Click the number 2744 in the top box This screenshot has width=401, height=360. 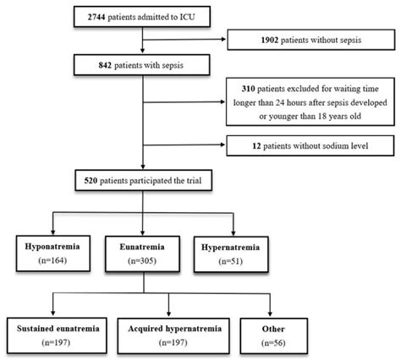tap(96, 17)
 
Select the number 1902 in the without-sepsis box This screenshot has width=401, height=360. tap(270, 40)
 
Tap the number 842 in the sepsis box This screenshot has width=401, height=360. tap(105, 65)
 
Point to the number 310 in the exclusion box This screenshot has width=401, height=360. tap(248, 89)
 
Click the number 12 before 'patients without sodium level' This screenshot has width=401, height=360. tap(256, 146)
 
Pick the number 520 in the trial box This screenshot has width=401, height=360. tap(91, 181)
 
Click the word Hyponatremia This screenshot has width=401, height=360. tap(52, 247)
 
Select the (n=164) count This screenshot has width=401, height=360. tap(52, 260)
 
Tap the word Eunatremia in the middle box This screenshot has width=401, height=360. tap(142, 247)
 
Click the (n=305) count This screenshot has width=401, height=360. tap(142, 261)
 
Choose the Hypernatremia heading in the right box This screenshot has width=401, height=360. tap(230, 248)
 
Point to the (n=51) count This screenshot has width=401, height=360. tap(230, 261)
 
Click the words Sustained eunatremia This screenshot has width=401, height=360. tap(58, 329)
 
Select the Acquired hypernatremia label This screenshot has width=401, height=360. tap(175, 329)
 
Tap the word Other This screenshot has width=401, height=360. tap(273, 329)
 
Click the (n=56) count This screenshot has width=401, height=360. tap(273, 343)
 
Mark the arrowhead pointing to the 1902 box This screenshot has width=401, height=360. tap(224, 39)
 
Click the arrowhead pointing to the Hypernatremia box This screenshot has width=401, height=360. tap(233, 233)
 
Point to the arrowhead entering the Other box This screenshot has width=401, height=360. tap(270, 314)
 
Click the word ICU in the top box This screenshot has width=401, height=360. tap(187, 17)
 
